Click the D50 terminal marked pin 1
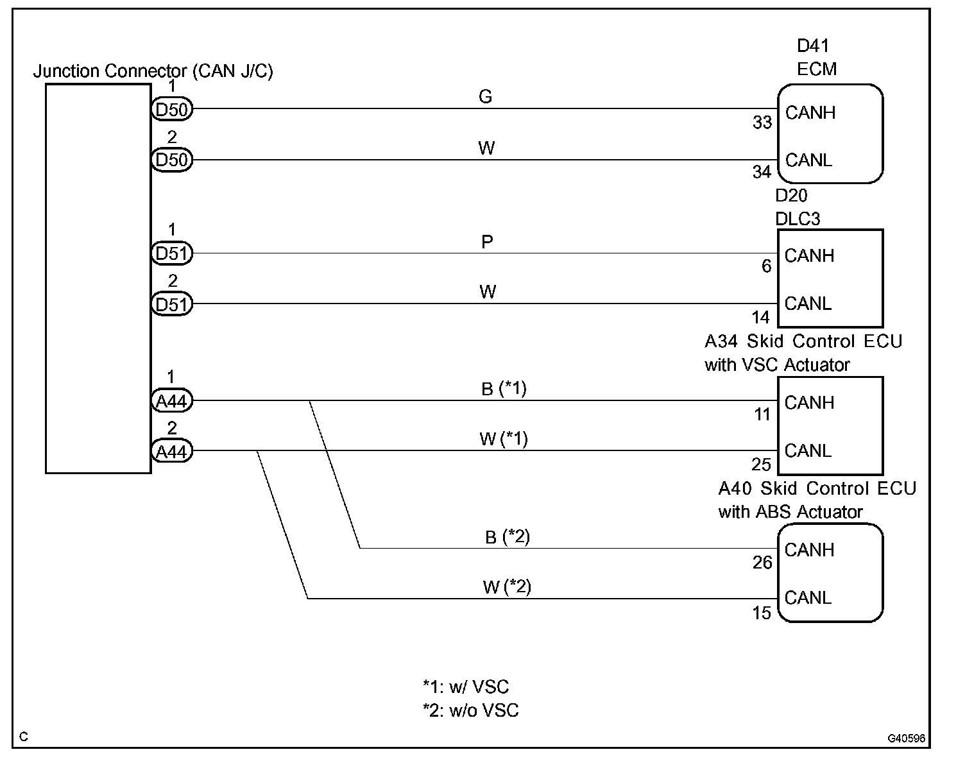[172, 110]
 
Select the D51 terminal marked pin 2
[172, 304]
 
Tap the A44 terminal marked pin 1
[172, 402]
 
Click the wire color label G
[486, 97]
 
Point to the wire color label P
[487, 243]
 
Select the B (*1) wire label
[504, 389]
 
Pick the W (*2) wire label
[506, 587]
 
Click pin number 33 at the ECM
[762, 122]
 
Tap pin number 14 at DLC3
[761, 317]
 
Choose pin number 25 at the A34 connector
[762, 464]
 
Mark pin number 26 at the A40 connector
[762, 563]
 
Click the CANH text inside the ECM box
[810, 113]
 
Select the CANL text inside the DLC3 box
[808, 303]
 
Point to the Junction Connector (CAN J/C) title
[153, 71]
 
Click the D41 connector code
[812, 46]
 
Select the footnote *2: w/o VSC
[470, 711]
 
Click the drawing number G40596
[906, 739]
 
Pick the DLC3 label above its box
[798, 219]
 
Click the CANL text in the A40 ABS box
[808, 598]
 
